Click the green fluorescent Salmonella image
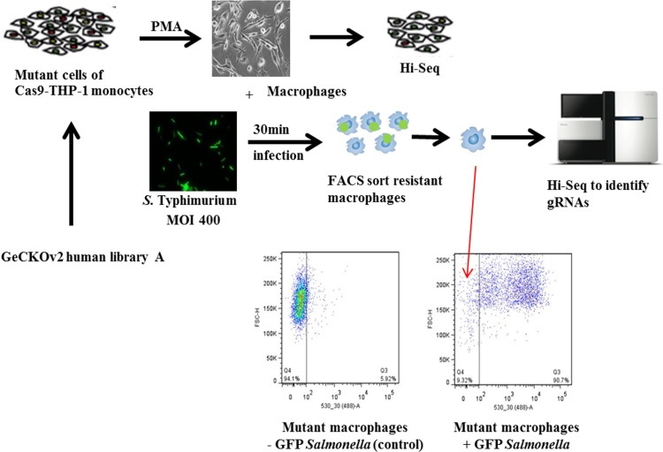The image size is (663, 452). (x=193, y=152)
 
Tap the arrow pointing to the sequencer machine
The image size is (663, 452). (x=529, y=139)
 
